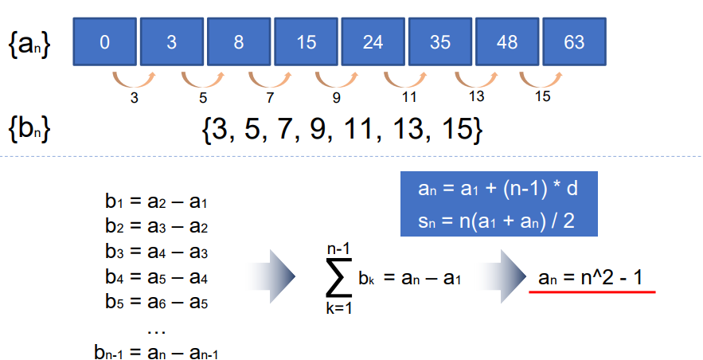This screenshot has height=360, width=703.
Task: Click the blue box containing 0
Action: pos(105,41)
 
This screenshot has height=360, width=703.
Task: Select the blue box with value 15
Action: pos(307,41)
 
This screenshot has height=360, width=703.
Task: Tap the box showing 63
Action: pos(574,41)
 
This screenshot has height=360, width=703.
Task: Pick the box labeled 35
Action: pos(440,41)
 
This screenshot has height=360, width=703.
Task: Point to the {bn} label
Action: pos(29,129)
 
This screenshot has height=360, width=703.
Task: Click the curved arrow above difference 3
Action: pos(134,80)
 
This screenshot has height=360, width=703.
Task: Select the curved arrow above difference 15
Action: pos(541,80)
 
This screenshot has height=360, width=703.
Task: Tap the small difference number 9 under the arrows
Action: pos(337,97)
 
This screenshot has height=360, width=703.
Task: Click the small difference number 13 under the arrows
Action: pos(476,96)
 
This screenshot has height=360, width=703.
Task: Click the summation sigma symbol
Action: pos(339,277)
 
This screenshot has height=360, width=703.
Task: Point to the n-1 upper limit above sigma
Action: pos(339,249)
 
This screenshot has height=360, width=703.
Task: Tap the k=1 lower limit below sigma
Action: pos(339,308)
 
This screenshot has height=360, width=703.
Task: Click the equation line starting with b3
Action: pos(157,252)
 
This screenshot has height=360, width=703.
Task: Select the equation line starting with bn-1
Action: pos(157,352)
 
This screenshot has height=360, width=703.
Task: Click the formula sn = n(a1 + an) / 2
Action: pos(496,221)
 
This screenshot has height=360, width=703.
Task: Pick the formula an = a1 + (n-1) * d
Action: pos(498,188)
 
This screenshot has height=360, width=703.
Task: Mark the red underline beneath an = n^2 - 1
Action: pos(592,292)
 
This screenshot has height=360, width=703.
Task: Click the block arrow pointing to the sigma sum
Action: pos(271,276)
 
